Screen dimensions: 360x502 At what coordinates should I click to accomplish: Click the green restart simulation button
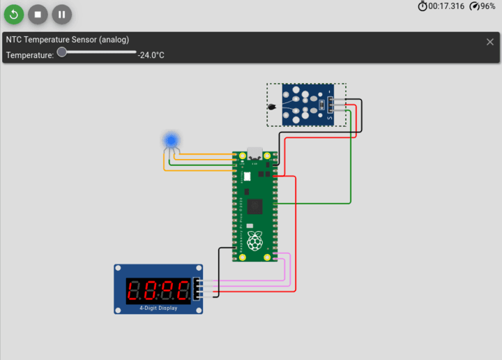click(x=14, y=13)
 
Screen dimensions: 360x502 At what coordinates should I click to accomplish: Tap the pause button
click(x=61, y=13)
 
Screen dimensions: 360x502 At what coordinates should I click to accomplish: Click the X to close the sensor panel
click(x=489, y=42)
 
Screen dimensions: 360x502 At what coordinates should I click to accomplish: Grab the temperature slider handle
click(x=62, y=52)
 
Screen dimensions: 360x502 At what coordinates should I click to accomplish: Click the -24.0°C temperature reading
click(x=151, y=55)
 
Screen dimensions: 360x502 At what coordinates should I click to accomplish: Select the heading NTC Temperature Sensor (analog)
click(x=68, y=40)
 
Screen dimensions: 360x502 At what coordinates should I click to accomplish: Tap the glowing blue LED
click(x=171, y=140)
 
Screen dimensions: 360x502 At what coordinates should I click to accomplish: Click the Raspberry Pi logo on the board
click(x=255, y=241)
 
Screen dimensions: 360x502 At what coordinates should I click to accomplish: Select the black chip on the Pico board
click(x=254, y=207)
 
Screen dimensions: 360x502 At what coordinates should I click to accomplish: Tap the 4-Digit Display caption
click(x=158, y=308)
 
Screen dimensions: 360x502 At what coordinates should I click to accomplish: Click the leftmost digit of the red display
click(x=135, y=290)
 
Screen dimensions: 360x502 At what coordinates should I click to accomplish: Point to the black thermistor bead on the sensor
click(x=273, y=107)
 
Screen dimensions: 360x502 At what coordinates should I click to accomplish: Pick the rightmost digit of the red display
click(x=182, y=290)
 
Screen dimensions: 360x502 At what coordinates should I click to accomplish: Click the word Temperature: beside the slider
click(x=30, y=55)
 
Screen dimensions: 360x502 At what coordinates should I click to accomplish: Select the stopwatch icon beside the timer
click(x=423, y=6)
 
